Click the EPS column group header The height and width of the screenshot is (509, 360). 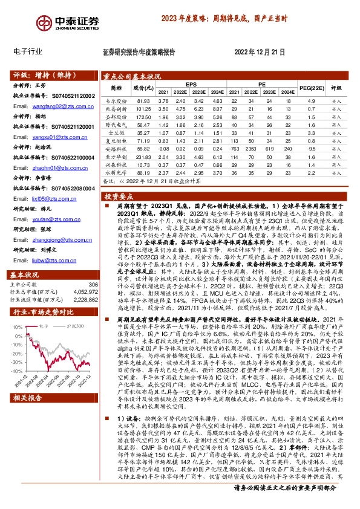pos(191,85)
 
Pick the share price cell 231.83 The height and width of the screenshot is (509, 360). pos(143,155)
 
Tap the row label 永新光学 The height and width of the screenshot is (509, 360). pos(117,172)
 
